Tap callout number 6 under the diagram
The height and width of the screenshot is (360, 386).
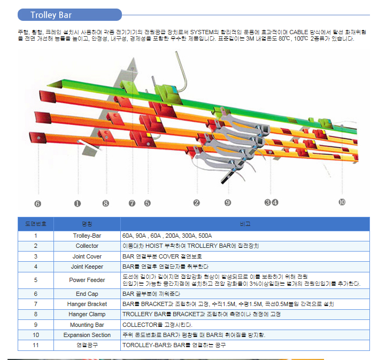tap(37, 203)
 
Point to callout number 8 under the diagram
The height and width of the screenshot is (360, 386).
tap(105, 203)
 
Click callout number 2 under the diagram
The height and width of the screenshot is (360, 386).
tap(197, 202)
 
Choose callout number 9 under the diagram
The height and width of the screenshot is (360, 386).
tap(228, 202)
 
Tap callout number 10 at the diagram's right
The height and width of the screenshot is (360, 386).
tap(342, 202)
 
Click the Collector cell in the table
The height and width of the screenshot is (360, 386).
tap(87, 246)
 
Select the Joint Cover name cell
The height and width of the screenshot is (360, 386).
tap(87, 256)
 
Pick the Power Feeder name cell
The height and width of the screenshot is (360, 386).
tap(87, 280)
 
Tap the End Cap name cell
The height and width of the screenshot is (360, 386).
tap(87, 294)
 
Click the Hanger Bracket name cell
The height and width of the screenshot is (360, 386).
tap(87, 304)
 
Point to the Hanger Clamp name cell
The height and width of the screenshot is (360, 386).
tap(87, 314)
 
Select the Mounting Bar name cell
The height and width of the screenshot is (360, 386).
tap(87, 325)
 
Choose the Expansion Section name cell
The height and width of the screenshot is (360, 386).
tap(87, 335)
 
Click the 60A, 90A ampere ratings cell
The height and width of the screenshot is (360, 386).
tap(167, 236)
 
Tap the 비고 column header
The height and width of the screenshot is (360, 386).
tap(245, 224)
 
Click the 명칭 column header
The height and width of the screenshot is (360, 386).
tap(87, 224)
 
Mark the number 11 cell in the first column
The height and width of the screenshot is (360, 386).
tap(35, 345)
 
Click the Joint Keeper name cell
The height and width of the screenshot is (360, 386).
tap(87, 266)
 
